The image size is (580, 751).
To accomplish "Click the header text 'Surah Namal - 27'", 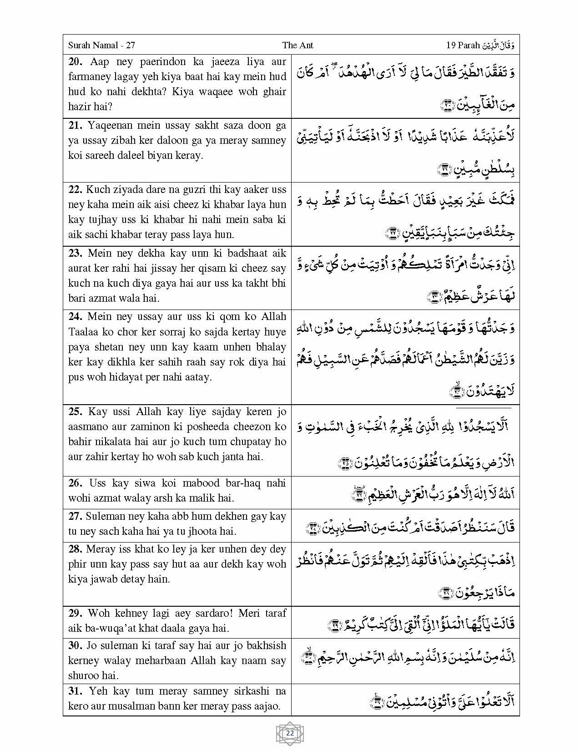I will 101,45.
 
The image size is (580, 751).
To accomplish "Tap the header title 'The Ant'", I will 298,45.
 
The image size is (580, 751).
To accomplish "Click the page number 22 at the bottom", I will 290,733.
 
